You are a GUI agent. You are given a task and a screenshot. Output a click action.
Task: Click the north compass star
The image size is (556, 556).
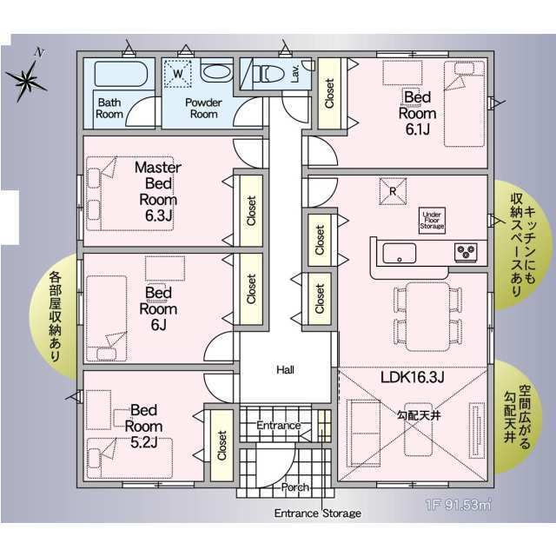[26, 81]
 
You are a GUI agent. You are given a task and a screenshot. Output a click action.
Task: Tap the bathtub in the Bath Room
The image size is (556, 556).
[121, 74]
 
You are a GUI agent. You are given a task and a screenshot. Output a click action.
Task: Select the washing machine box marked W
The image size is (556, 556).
[177, 73]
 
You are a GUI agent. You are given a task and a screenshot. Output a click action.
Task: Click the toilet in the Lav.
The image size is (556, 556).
[272, 74]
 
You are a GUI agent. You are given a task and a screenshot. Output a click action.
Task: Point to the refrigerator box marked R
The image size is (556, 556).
[393, 191]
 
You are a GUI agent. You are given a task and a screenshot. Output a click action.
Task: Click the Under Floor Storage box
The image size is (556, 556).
[432, 220]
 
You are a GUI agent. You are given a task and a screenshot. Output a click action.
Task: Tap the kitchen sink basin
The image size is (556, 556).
[399, 253]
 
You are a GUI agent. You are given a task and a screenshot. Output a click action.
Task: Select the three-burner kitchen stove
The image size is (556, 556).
[466, 253]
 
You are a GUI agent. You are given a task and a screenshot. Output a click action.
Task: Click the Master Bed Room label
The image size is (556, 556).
[158, 191]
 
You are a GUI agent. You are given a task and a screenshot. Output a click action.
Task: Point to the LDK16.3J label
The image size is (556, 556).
[412, 378]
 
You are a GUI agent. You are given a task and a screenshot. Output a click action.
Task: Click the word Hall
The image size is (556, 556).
[286, 370]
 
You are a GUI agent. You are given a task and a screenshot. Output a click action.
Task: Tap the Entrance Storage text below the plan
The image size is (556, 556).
[318, 513]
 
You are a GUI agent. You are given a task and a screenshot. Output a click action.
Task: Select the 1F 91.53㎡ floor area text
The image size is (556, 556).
[459, 504]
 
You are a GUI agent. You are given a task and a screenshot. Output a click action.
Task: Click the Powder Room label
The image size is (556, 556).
[203, 108]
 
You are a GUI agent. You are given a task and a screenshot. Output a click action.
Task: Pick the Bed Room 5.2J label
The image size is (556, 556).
[143, 427]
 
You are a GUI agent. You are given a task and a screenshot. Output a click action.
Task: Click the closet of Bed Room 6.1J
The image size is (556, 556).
[329, 93]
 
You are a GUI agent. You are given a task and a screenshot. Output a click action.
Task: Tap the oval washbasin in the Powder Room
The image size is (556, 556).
[216, 71]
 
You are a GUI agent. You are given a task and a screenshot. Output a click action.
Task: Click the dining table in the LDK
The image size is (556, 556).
[427, 316]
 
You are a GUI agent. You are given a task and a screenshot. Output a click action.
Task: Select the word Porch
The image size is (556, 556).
[295, 487]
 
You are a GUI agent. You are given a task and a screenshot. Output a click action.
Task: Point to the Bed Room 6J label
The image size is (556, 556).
[158, 309]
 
